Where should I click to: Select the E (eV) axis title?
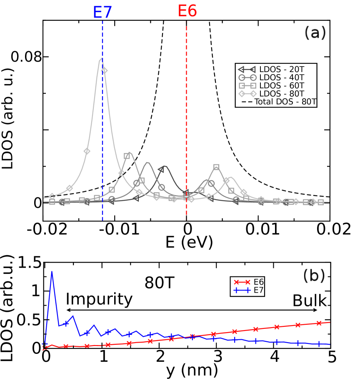[x=186, y=241]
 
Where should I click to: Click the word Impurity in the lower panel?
[x=99, y=299]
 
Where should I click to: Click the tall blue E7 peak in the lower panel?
[x=52, y=272]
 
